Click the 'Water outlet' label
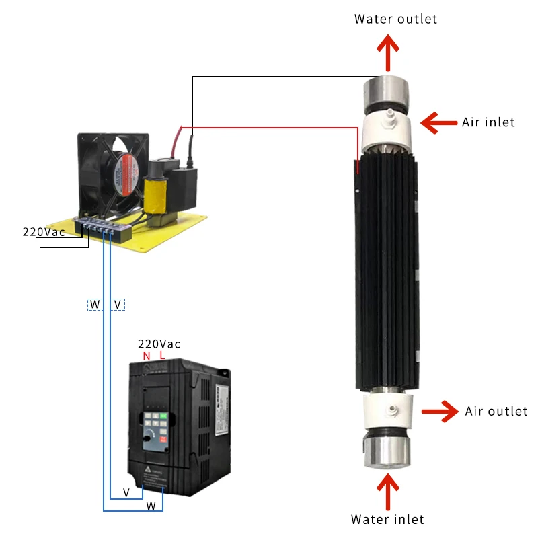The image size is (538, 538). click(x=395, y=19)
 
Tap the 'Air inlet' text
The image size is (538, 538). click(x=488, y=122)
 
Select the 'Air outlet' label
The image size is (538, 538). click(x=496, y=411)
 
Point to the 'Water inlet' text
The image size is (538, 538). click(x=387, y=519)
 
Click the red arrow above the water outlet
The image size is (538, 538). click(x=387, y=52)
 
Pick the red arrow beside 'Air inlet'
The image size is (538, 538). click(x=438, y=122)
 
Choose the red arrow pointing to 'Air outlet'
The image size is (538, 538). click(x=440, y=411)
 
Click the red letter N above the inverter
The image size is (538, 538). click(x=145, y=355)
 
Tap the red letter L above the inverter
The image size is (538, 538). click(x=162, y=355)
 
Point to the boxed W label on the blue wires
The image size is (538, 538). click(x=95, y=305)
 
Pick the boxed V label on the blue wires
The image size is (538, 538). click(x=118, y=305)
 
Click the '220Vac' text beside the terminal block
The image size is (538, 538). click(x=44, y=232)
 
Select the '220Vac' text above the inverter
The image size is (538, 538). click(x=159, y=344)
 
